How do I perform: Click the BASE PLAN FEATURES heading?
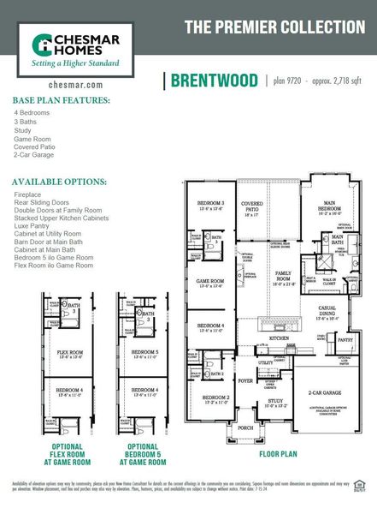tap(61, 100)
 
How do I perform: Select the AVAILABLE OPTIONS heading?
tap(59, 182)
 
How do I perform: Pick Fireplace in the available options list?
tap(27, 194)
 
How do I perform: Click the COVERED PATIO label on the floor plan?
tap(252, 207)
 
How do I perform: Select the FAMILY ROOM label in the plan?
tap(282, 277)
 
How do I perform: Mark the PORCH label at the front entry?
tap(245, 427)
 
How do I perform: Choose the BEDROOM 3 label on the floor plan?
tap(211, 203)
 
